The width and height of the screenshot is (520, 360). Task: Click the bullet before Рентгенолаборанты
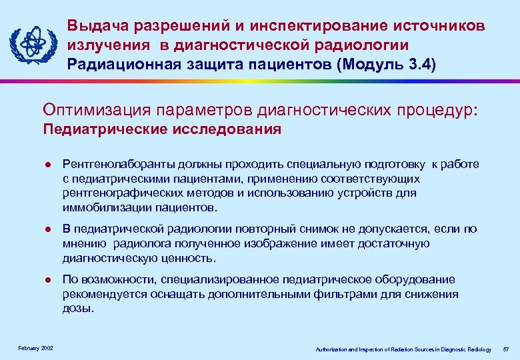46,165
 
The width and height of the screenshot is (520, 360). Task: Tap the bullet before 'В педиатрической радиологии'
46,229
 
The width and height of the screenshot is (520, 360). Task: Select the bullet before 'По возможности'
46,280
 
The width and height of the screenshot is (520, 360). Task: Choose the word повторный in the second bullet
253,229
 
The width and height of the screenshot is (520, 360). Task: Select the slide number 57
506,349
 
